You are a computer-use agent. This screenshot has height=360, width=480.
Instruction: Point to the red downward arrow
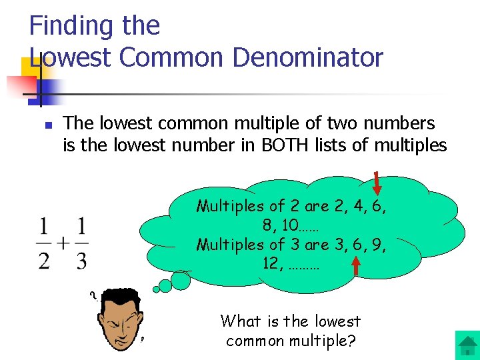377,184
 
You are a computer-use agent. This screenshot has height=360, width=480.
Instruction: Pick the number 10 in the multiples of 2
289,225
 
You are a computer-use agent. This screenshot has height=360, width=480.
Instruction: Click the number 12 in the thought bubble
271,263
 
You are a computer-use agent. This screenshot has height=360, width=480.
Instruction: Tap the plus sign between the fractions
62,242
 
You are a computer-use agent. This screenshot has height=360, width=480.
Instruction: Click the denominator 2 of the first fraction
44,259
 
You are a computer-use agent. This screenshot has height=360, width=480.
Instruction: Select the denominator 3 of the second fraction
81,259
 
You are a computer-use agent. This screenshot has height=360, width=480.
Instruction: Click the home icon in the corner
467,346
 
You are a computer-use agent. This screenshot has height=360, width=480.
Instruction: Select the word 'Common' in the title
167,58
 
